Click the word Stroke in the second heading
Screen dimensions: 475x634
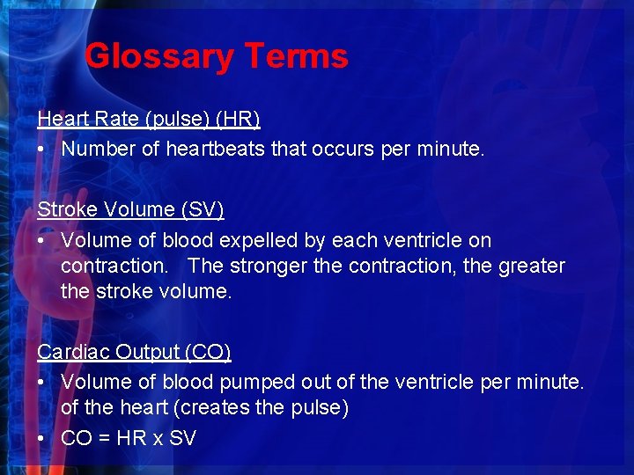64,209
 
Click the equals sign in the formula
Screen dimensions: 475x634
103,438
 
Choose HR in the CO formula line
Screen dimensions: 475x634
130,438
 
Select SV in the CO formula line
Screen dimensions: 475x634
182,438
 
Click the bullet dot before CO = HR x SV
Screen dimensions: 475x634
42,438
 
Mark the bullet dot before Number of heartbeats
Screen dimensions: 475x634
42,150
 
